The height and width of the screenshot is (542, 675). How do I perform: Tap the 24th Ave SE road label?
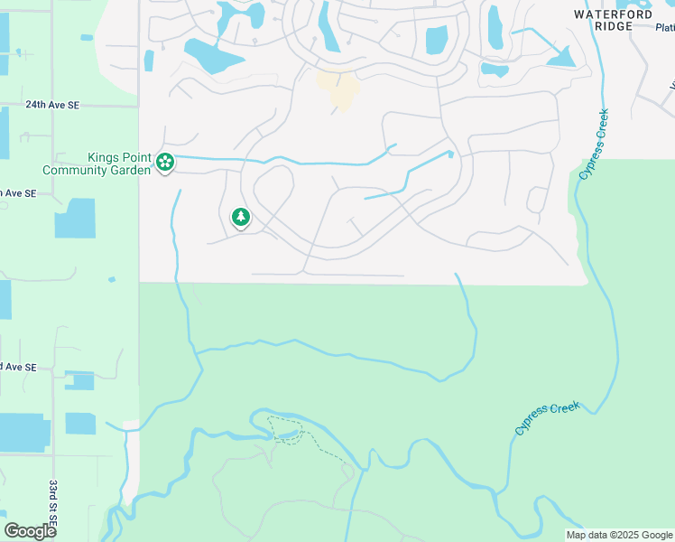click(x=52, y=105)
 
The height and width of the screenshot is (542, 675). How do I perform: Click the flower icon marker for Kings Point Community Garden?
click(x=165, y=163)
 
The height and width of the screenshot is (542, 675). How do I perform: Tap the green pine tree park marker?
click(x=240, y=217)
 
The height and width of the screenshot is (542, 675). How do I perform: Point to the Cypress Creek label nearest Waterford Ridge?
click(x=595, y=143)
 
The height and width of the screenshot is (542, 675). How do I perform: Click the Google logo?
click(x=30, y=531)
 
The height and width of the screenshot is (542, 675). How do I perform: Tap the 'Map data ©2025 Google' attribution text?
click(x=619, y=535)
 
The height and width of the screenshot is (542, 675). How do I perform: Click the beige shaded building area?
click(x=338, y=89)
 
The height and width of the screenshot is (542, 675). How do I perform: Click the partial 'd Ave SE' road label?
click(x=18, y=367)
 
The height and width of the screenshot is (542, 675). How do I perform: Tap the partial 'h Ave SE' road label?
click(x=18, y=193)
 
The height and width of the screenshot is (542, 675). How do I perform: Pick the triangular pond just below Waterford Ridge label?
click(x=560, y=59)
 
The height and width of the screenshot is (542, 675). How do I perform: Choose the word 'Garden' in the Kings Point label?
click(x=129, y=170)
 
